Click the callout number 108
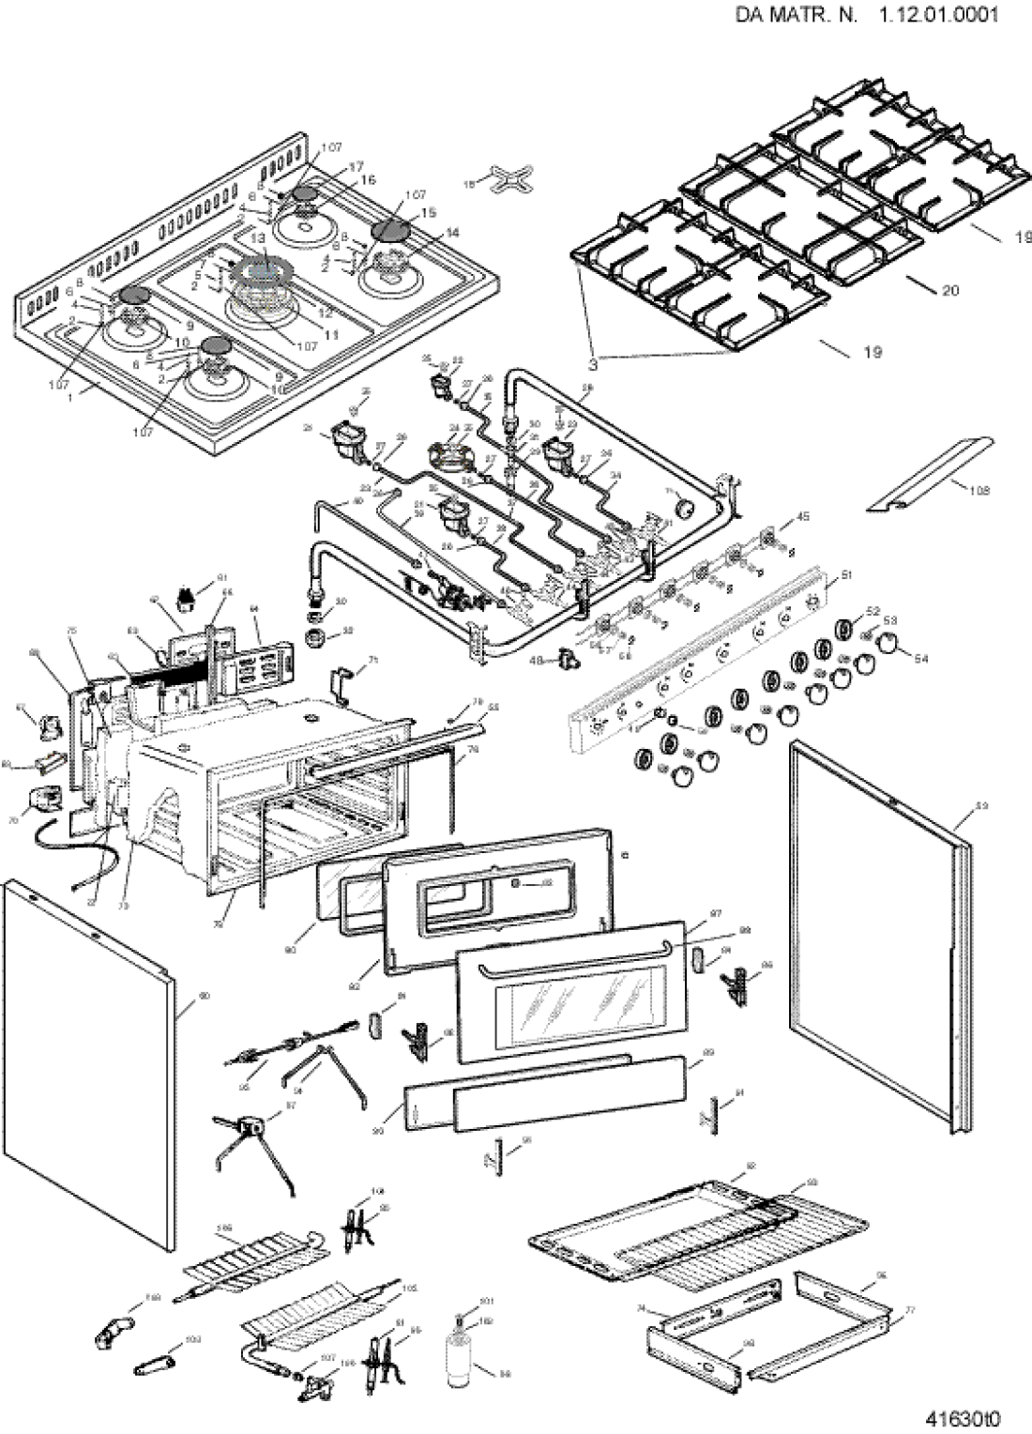(x=979, y=491)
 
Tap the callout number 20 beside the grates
(x=950, y=290)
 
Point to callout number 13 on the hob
(x=258, y=240)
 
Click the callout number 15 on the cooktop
(x=428, y=213)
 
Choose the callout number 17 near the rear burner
(x=356, y=166)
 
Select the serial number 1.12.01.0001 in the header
(x=938, y=15)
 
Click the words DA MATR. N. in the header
(x=797, y=15)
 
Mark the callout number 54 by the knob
(x=920, y=659)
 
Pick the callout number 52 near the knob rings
(x=873, y=611)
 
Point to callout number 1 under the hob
(x=68, y=397)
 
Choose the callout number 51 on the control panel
(x=845, y=575)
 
